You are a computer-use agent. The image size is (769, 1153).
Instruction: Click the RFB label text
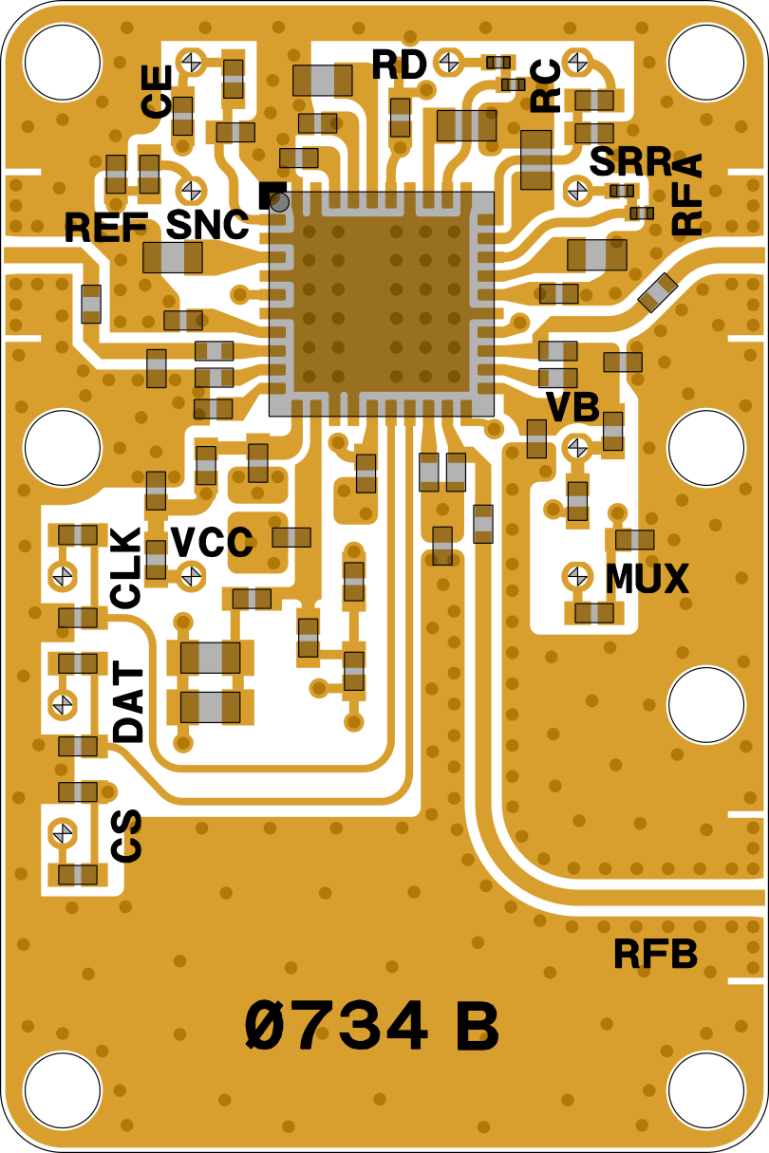click(655, 954)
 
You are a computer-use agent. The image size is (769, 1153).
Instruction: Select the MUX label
click(647, 578)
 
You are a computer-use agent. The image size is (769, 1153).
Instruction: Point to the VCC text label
click(212, 544)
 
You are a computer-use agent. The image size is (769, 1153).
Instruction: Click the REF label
click(105, 228)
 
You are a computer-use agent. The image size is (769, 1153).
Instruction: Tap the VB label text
click(572, 407)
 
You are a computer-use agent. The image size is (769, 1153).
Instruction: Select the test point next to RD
click(448, 63)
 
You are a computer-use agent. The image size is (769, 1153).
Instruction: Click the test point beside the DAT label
click(64, 704)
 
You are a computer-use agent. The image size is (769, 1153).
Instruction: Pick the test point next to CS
click(64, 832)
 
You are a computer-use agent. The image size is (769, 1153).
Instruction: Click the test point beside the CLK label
click(64, 575)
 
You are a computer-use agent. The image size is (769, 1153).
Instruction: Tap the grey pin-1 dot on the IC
click(279, 201)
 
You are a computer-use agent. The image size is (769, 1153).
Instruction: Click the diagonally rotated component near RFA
click(657, 292)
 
